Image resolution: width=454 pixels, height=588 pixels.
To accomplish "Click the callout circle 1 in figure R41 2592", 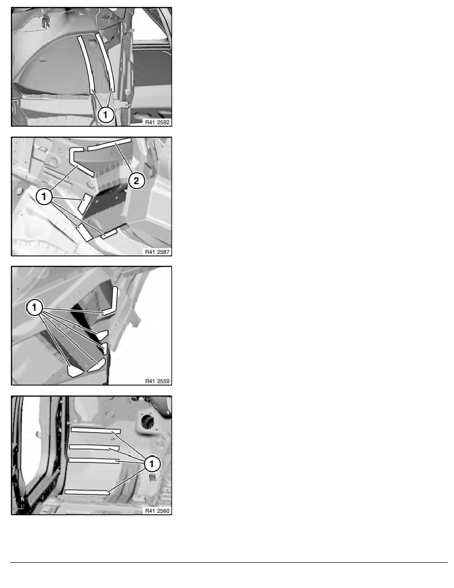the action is [105, 114].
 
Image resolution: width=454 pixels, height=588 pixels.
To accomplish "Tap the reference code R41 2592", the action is [157, 122].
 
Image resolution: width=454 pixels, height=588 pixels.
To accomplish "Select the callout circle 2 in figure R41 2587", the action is [136, 181].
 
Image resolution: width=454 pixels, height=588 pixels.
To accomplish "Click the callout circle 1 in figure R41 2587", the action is [44, 196].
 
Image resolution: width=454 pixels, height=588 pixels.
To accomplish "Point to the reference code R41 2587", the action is [157, 251].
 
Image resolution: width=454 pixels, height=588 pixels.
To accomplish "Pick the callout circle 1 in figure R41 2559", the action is [34, 308].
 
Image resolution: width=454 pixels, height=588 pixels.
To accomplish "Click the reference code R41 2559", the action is [157, 381].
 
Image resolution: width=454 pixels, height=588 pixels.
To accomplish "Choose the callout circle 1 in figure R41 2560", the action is [152, 464].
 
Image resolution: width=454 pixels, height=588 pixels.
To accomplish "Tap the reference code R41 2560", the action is [157, 510].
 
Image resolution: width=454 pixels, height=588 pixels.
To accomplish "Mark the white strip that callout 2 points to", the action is [109, 144].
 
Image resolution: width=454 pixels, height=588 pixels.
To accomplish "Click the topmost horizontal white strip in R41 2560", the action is [95, 430].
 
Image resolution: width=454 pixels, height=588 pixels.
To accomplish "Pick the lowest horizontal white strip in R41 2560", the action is [87, 492].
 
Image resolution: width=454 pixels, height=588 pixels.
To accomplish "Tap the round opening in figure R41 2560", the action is [148, 422].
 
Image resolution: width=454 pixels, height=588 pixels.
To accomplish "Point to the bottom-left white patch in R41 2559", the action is [75, 371].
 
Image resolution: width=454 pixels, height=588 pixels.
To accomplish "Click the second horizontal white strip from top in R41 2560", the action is [94, 447].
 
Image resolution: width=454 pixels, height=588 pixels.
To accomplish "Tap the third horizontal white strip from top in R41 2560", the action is [93, 460].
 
